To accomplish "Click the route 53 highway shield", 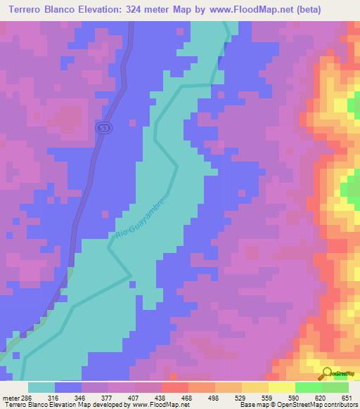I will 103,126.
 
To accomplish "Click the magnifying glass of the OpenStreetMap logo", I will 327,373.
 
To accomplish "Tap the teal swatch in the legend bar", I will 41,387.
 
